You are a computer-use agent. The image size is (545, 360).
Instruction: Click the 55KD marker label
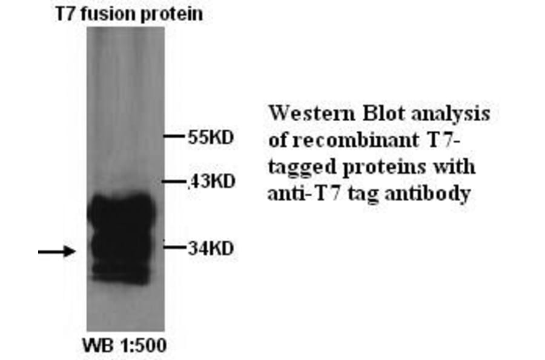click(x=210, y=137)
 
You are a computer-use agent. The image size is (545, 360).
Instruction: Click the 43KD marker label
click(x=211, y=181)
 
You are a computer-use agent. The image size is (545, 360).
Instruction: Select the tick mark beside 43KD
click(x=176, y=182)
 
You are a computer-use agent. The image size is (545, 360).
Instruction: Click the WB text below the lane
click(x=96, y=346)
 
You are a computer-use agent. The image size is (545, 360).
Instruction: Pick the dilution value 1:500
click(x=141, y=346)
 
